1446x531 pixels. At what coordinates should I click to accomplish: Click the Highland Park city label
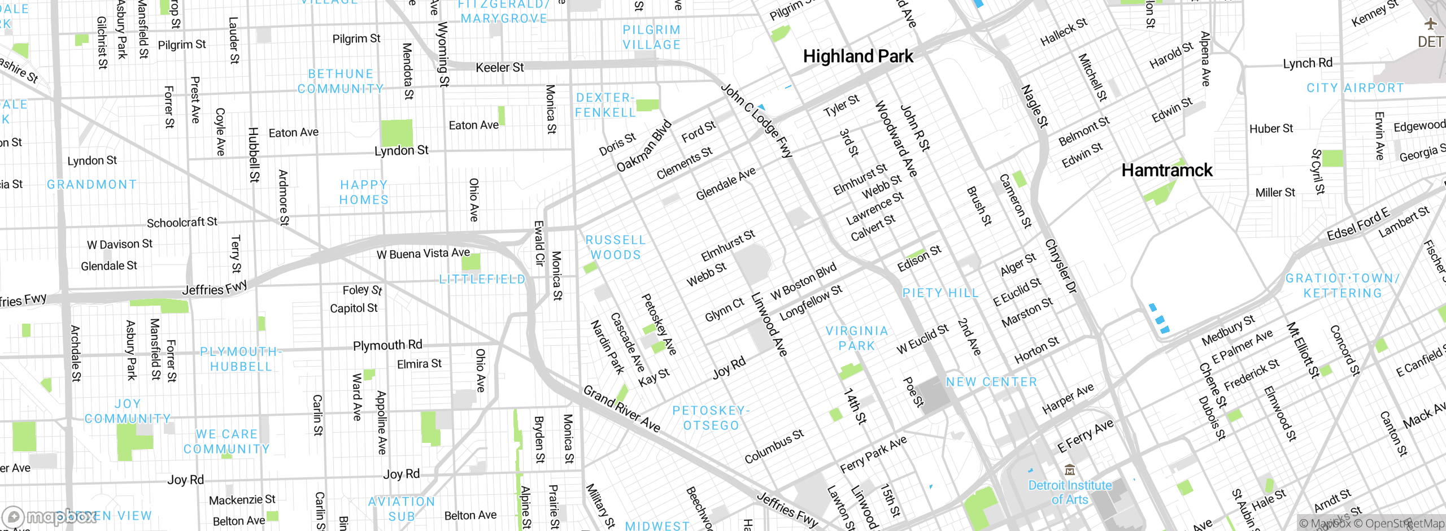pyautogui.click(x=857, y=56)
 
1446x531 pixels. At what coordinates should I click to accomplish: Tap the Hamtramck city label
pyautogui.click(x=1166, y=170)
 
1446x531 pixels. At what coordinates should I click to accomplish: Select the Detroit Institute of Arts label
pyautogui.click(x=1069, y=492)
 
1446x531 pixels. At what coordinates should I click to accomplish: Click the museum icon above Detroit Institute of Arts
pyautogui.click(x=1069, y=470)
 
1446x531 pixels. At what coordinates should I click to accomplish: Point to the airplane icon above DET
pyautogui.click(x=1430, y=24)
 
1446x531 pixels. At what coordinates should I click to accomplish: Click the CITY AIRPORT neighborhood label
pyautogui.click(x=1354, y=88)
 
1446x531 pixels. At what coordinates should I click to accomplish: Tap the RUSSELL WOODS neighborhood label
pyautogui.click(x=615, y=247)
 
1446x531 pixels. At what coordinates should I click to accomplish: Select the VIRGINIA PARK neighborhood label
pyautogui.click(x=856, y=338)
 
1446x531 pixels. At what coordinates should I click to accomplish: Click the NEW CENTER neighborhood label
pyautogui.click(x=991, y=382)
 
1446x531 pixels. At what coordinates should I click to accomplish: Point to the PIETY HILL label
pyautogui.click(x=940, y=293)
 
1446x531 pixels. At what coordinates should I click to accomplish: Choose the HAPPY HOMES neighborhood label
pyautogui.click(x=364, y=192)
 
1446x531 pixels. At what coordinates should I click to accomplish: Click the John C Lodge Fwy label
pyautogui.click(x=757, y=121)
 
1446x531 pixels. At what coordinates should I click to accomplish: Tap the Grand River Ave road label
pyautogui.click(x=621, y=408)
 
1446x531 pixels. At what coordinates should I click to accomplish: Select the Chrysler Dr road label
pyautogui.click(x=1061, y=266)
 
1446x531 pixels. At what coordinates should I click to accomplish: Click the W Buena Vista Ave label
pyautogui.click(x=423, y=254)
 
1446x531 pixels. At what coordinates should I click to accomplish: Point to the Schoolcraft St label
pyautogui.click(x=182, y=223)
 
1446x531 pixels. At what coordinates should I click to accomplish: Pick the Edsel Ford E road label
pyautogui.click(x=1357, y=224)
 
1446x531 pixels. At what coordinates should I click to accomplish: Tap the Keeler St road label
pyautogui.click(x=499, y=68)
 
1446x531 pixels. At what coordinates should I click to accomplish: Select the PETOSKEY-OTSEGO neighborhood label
pyautogui.click(x=711, y=417)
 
